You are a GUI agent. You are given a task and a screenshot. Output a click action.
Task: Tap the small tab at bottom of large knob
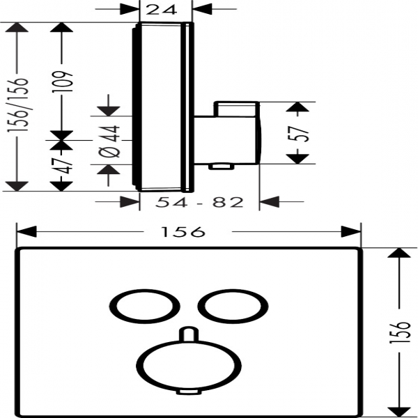186,393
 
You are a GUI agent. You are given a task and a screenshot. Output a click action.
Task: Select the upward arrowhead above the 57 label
297,109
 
